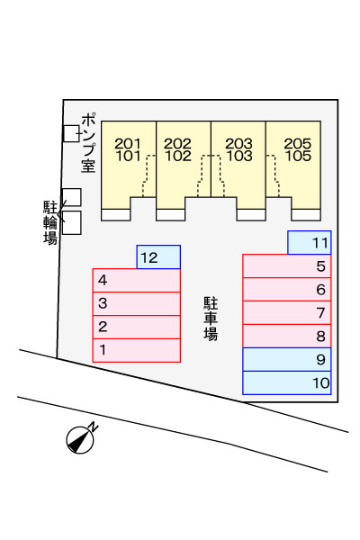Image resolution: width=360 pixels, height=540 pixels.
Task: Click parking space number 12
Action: pyautogui.click(x=158, y=256)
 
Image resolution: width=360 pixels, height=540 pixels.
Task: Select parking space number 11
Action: pyautogui.click(x=310, y=242)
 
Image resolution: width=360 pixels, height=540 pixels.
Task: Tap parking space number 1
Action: pyautogui.click(x=137, y=350)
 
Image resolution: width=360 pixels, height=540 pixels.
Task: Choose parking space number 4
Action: pyautogui.click(x=137, y=280)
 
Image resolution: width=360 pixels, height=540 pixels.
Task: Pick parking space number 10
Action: pyautogui.click(x=286, y=382)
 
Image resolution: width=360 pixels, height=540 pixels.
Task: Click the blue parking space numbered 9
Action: pyautogui.click(x=286, y=359)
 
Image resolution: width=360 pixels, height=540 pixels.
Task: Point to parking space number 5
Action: pyautogui.click(x=286, y=265)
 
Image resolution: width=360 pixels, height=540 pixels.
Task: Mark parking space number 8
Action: pyautogui.click(x=286, y=336)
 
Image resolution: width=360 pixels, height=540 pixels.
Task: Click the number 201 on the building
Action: pyautogui.click(x=128, y=144)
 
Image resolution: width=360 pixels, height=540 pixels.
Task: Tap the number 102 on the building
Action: pyautogui.click(x=178, y=156)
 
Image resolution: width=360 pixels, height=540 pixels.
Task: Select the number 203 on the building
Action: pyautogui.click(x=239, y=144)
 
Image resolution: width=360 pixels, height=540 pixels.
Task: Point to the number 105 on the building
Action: pyautogui.click(x=298, y=156)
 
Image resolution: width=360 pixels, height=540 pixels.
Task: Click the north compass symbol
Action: pyautogui.click(x=80, y=440)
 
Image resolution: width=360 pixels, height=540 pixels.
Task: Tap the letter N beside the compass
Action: pyautogui.click(x=93, y=427)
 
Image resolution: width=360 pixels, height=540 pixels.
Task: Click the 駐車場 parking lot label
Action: pyautogui.click(x=211, y=319)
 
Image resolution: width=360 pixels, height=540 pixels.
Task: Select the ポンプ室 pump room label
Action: pyautogui.click(x=89, y=143)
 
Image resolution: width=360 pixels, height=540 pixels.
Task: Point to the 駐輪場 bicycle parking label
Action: pyautogui.click(x=50, y=222)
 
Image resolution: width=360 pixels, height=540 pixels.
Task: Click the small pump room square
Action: pyautogui.click(x=71, y=133)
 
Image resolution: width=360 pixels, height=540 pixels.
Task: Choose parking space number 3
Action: pyautogui.click(x=137, y=304)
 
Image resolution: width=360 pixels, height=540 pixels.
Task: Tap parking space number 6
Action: pyautogui.click(x=286, y=289)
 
